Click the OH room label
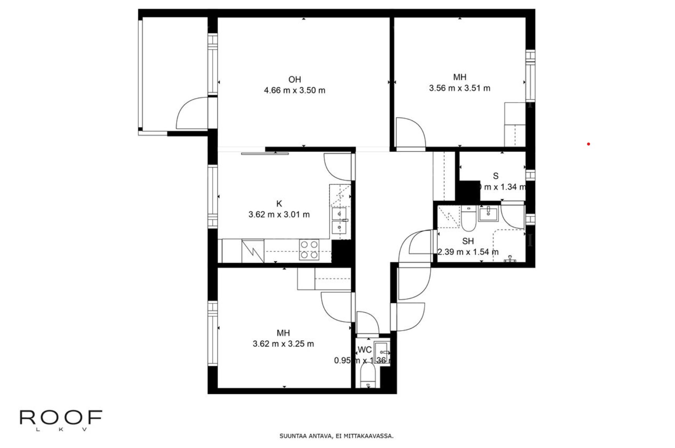click(x=294, y=79)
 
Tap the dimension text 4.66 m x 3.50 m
click(x=294, y=90)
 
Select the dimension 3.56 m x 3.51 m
click(x=459, y=88)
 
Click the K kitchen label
click(x=279, y=203)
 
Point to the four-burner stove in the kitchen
click(x=309, y=250)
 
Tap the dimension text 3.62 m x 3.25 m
click(x=283, y=344)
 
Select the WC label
click(x=365, y=350)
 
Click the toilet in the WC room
click(x=367, y=378)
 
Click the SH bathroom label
click(x=468, y=241)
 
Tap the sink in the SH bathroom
click(x=489, y=213)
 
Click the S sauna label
click(x=496, y=176)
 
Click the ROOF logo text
click(x=61, y=418)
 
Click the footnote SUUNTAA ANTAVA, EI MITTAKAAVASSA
click(x=336, y=436)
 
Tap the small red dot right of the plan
click(x=588, y=144)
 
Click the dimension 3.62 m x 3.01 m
click(x=279, y=214)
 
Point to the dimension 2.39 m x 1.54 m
click(x=468, y=252)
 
